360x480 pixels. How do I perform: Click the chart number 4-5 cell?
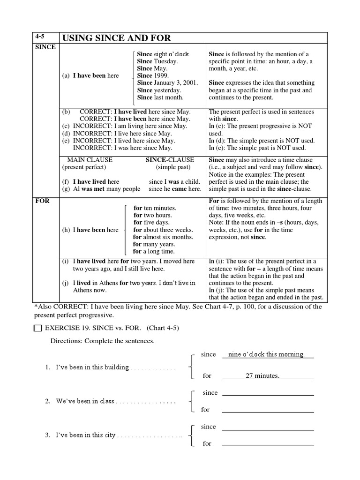click(45, 38)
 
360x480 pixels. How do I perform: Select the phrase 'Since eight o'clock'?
click(163, 54)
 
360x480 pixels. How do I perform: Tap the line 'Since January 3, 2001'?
click(167, 83)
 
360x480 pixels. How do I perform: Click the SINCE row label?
click(45, 47)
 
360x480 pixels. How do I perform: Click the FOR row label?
click(43, 201)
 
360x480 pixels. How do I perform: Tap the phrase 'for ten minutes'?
click(155, 208)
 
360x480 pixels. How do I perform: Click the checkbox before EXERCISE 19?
click(38, 329)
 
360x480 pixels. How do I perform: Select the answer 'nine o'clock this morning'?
click(266, 354)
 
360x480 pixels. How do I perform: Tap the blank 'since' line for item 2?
click(268, 393)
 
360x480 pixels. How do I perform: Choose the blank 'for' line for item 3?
click(268, 443)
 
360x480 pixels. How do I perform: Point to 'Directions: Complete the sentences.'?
click(103, 341)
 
